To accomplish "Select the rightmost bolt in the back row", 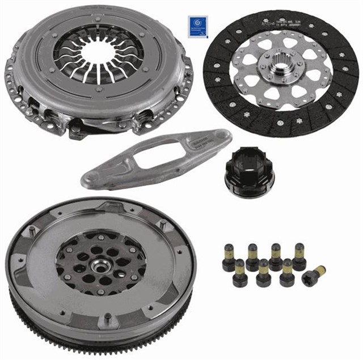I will pos(298,254).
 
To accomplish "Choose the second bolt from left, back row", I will pos(252,256).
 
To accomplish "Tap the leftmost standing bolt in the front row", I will pos(239,272).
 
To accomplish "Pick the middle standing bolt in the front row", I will pos(264,273).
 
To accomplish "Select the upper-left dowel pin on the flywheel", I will pos(33,230).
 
